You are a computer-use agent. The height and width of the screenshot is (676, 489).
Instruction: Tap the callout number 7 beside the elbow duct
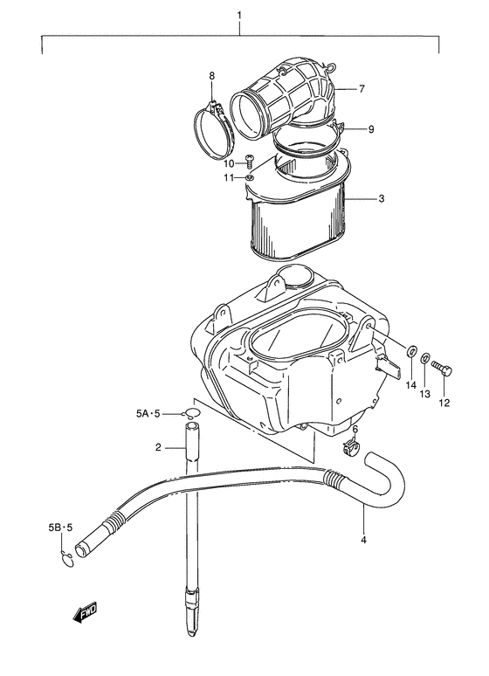click(361, 88)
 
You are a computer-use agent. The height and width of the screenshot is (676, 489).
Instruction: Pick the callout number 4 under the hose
click(363, 539)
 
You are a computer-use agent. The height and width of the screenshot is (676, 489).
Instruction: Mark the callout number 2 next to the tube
click(159, 448)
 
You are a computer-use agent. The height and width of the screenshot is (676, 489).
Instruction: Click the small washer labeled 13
click(425, 358)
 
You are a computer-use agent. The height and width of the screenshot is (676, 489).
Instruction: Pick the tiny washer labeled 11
click(250, 178)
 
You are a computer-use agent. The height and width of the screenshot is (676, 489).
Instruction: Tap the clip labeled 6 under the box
click(351, 449)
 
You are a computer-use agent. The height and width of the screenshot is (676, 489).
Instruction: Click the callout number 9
click(370, 129)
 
